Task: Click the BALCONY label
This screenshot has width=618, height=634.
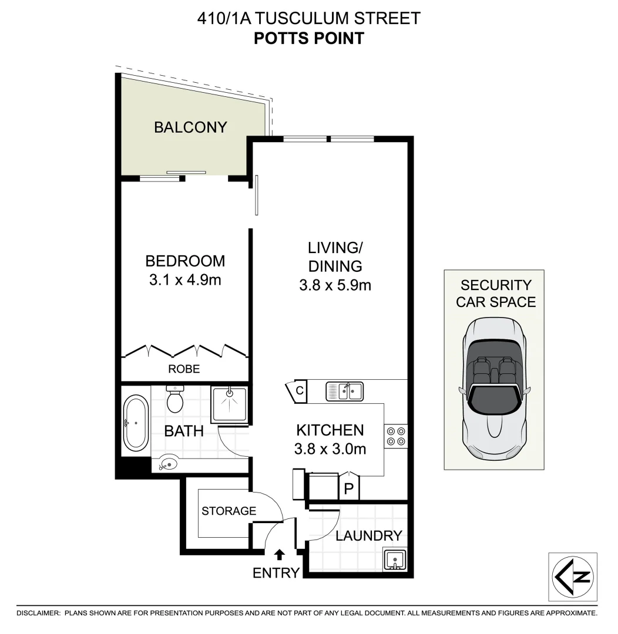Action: point(190,127)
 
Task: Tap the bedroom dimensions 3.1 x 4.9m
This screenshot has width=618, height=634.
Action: point(185,280)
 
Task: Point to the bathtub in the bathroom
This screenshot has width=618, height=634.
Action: point(136,423)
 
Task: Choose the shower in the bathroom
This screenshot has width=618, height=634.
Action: point(229,404)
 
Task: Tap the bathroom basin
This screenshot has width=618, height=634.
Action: point(168,464)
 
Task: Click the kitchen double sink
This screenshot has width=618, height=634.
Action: point(345,391)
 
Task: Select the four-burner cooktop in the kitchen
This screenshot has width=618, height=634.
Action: point(395,436)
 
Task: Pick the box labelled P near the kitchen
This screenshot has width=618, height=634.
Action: point(348,489)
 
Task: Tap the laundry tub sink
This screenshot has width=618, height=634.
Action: point(393,559)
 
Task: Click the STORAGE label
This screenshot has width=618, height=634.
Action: point(229,511)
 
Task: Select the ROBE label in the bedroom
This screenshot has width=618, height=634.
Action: point(184,369)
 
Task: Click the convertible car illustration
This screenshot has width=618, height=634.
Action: point(493,390)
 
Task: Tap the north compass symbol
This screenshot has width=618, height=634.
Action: point(573,576)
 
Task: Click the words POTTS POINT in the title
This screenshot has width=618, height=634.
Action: point(308,39)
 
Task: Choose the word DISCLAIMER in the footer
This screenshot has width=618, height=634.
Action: point(38,613)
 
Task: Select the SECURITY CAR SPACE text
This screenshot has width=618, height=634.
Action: point(496,294)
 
